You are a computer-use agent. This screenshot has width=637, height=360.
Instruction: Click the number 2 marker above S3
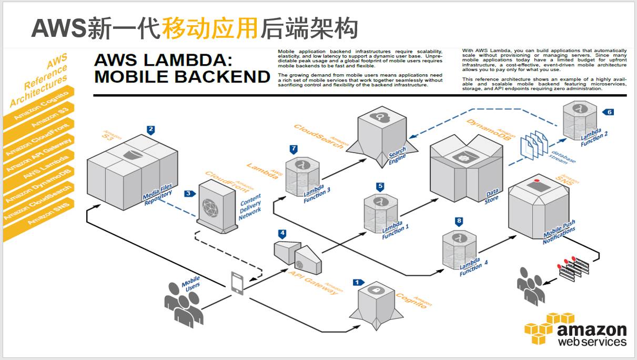coord(151,129)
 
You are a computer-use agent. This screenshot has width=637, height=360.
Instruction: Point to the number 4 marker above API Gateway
coord(282,233)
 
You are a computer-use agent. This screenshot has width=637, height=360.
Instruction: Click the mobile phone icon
coord(237,283)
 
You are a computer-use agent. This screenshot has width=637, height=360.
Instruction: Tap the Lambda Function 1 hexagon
coord(381,213)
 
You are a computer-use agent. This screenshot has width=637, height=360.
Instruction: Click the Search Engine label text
coord(397,157)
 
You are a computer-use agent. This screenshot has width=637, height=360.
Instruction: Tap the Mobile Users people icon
coord(181,301)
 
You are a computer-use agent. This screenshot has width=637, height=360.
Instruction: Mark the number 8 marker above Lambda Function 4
coord(459,221)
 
